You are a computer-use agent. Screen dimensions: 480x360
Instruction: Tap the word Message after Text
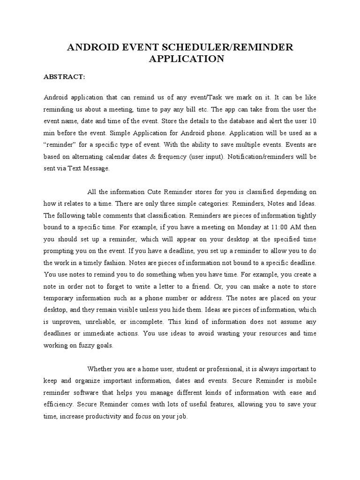point(97,169)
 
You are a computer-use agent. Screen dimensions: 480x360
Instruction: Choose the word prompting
point(59,251)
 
